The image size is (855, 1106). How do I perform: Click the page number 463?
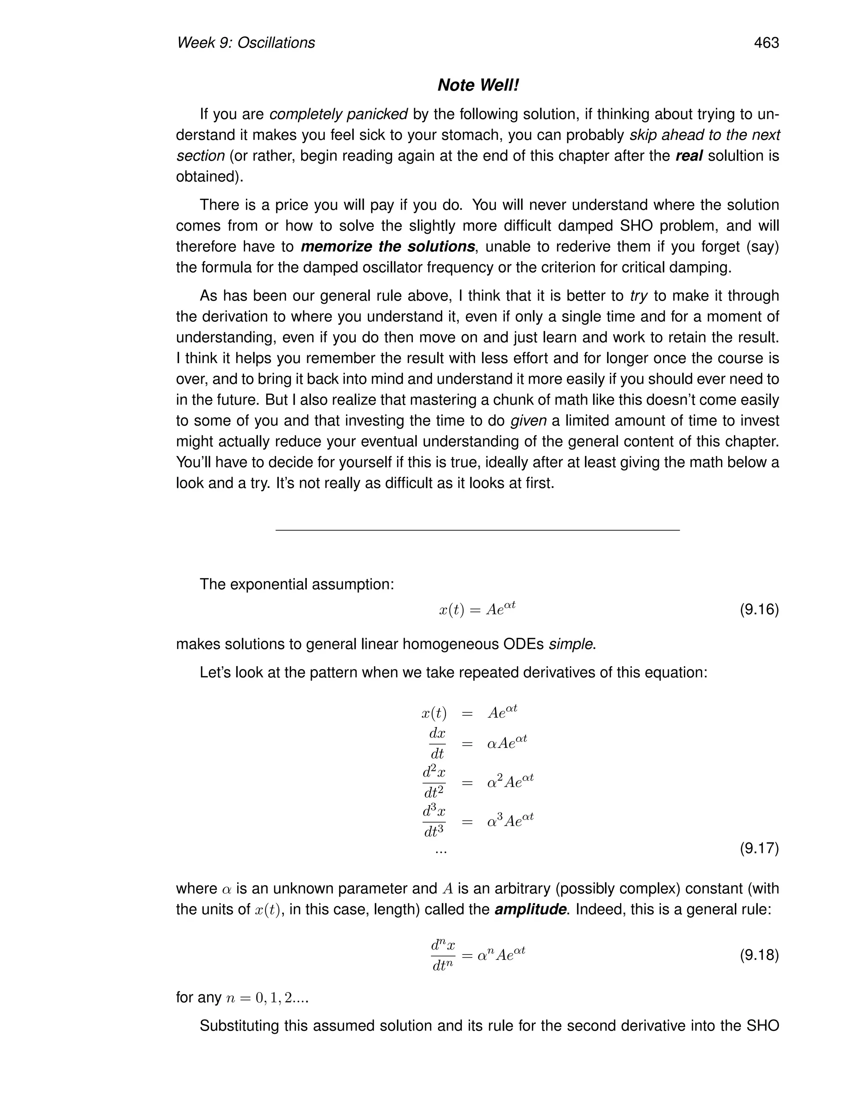point(766,43)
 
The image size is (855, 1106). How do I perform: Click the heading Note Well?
point(478,85)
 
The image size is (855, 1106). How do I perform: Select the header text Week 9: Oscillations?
point(245,43)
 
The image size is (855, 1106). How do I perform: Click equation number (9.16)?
point(759,609)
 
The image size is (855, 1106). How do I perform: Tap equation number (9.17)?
point(759,848)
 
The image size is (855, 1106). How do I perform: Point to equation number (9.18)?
point(759,955)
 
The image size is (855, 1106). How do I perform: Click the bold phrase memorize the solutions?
point(387,247)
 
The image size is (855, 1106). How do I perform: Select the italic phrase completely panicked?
point(338,114)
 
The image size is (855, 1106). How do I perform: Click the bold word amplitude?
point(530,909)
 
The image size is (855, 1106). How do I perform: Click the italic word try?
point(639,296)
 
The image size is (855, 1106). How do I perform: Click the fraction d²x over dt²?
point(434,783)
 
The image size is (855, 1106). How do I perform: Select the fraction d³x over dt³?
point(434,822)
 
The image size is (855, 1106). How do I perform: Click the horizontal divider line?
point(477,530)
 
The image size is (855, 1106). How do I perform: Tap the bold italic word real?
point(689,156)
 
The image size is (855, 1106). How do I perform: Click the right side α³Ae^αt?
point(510,821)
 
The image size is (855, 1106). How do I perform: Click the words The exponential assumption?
point(296,584)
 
